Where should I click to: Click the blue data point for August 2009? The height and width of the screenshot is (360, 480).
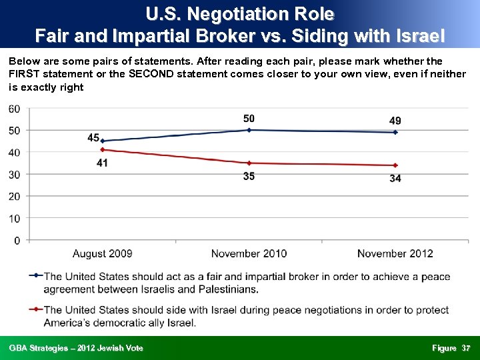(x=102, y=141)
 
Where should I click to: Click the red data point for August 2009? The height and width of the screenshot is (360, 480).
(x=102, y=149)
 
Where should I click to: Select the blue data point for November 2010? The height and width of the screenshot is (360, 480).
(x=249, y=130)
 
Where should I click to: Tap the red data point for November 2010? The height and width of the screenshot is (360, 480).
(x=249, y=163)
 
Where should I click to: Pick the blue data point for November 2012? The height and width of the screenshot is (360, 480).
(x=395, y=132)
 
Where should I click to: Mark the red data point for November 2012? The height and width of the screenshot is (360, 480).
(x=395, y=165)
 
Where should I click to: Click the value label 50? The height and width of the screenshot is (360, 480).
(x=249, y=119)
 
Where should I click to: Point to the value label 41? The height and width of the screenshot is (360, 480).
(x=102, y=163)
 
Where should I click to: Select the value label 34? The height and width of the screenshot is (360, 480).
(x=395, y=178)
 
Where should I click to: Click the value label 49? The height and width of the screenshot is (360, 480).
(x=395, y=121)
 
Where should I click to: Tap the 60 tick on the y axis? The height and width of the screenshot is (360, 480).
(x=14, y=109)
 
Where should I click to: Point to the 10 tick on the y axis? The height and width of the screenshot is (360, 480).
(x=14, y=218)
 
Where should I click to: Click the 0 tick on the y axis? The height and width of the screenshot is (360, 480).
(x=17, y=240)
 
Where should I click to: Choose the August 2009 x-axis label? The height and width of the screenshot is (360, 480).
(x=102, y=253)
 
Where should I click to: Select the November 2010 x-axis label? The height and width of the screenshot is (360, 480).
(x=249, y=253)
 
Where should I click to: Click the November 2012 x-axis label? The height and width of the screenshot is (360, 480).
(x=395, y=253)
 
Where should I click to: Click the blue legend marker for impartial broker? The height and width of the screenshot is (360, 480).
(x=36, y=276)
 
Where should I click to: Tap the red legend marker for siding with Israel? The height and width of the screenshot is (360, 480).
(x=36, y=310)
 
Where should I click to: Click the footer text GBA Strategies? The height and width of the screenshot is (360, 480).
(x=75, y=348)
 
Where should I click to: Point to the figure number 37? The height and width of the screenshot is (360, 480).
(x=466, y=348)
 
